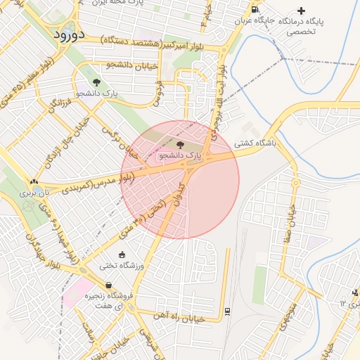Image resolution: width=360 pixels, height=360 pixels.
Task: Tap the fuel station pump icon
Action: point(254,9)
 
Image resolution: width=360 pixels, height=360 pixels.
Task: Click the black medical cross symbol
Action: point(302,11)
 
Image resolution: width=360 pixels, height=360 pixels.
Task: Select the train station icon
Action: point(227,310)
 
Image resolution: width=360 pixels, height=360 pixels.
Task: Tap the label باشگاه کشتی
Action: point(257,143)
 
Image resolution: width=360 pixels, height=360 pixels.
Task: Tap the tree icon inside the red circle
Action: point(179,144)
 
